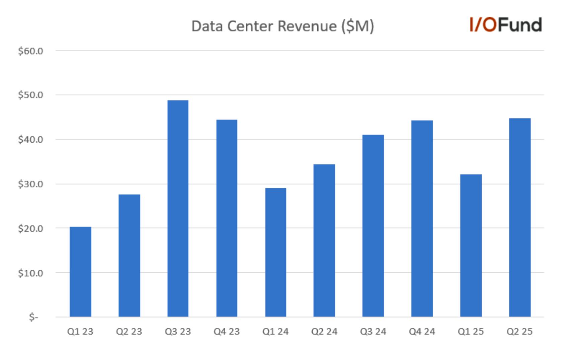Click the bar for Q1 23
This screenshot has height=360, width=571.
tap(80, 272)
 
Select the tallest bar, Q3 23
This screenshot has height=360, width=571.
tap(178, 208)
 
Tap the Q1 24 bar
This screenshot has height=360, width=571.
tap(275, 252)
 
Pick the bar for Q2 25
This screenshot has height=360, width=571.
tap(520, 217)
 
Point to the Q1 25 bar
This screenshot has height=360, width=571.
tap(471, 245)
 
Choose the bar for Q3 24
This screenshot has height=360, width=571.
tap(373, 226)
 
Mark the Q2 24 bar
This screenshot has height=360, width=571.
tap(324, 240)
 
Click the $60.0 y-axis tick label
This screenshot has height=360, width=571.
tap(30, 51)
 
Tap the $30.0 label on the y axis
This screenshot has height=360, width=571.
tap(30, 184)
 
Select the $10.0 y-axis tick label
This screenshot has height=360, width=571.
tap(30, 273)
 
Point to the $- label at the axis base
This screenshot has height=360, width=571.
tap(33, 317)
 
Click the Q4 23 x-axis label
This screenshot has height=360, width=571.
tap(227, 332)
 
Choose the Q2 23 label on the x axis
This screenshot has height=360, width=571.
tap(129, 332)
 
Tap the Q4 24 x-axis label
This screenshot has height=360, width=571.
tap(422, 332)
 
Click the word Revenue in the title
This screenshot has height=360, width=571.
tap(307, 26)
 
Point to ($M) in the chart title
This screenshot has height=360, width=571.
tap(358, 26)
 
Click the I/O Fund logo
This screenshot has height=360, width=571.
tap(506, 25)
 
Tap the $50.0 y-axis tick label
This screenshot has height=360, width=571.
tap(30, 95)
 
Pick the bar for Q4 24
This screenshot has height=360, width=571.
tap(422, 218)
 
